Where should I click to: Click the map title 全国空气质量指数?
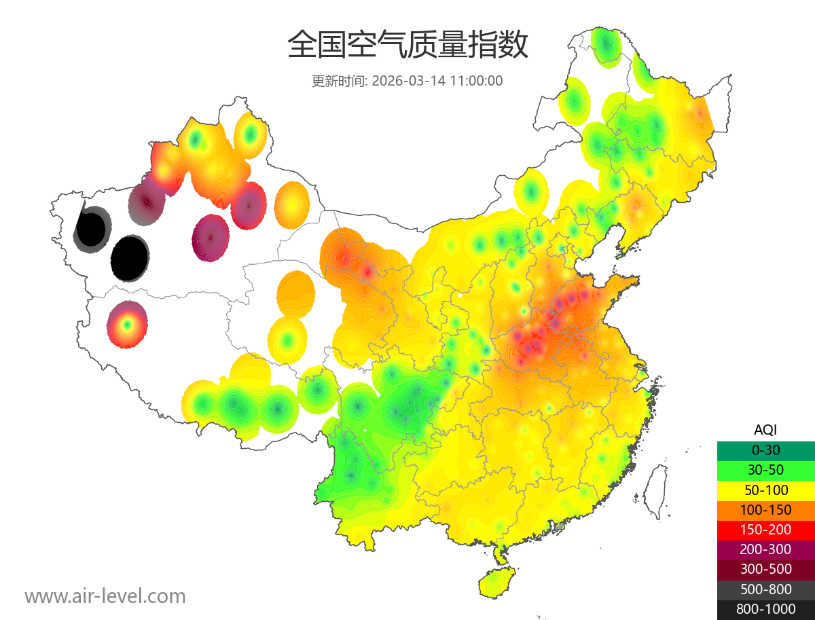(x=407, y=45)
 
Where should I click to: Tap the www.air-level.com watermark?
(x=105, y=596)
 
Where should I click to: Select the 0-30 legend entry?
(x=765, y=450)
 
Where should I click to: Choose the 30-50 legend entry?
(x=765, y=470)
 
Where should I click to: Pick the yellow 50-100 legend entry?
(x=765, y=490)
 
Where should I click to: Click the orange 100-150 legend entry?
(x=765, y=509)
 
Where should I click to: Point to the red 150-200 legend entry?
(x=765, y=530)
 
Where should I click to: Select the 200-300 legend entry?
(x=765, y=549)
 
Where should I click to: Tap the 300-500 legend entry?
(x=765, y=569)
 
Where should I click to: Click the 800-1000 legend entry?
(x=765, y=609)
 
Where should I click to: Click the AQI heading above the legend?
(x=765, y=430)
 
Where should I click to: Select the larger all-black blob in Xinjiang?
(x=130, y=258)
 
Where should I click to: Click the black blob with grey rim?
(x=91, y=228)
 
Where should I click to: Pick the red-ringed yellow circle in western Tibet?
(x=127, y=325)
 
